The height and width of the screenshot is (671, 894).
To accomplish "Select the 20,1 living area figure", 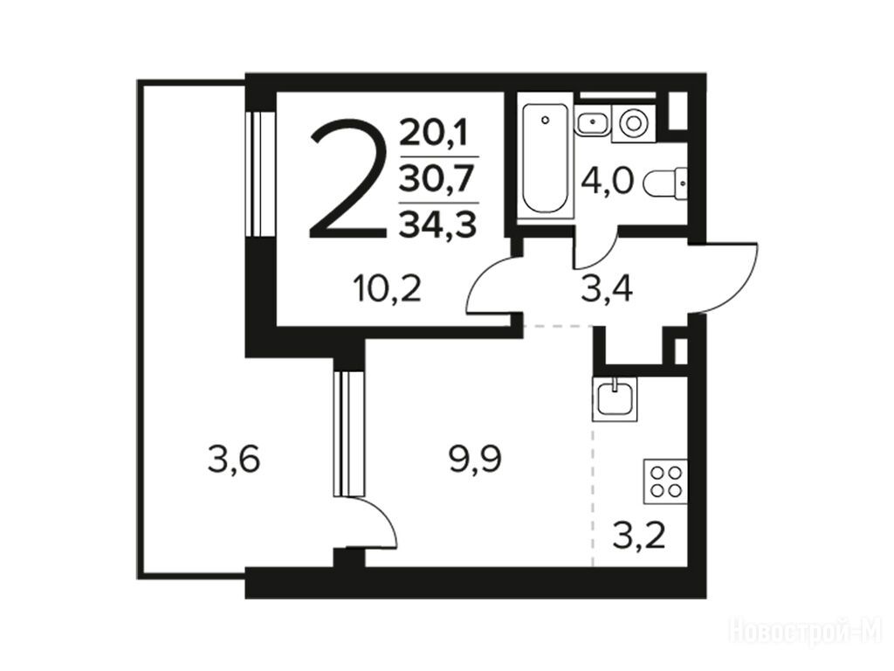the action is [x=434, y=134].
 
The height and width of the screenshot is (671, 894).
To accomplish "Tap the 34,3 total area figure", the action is [x=438, y=224].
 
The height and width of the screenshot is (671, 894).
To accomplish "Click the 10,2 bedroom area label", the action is [x=387, y=288].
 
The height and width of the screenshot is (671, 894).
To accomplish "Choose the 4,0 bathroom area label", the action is [x=607, y=182].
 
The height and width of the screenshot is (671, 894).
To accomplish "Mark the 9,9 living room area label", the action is [x=476, y=460].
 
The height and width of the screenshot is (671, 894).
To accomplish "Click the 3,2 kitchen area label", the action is [x=638, y=535].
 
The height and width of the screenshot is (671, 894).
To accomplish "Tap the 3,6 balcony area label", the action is [x=234, y=460].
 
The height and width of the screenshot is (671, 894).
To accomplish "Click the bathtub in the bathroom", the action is [x=546, y=158].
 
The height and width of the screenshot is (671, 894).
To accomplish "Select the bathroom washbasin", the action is [x=593, y=121].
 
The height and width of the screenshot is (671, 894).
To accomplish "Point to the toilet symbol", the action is [x=666, y=183].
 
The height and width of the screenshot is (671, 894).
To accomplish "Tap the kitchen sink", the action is [x=615, y=398].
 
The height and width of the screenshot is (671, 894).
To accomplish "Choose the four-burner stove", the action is [x=665, y=481].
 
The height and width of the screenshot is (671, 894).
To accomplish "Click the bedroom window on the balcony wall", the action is [x=259, y=174].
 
